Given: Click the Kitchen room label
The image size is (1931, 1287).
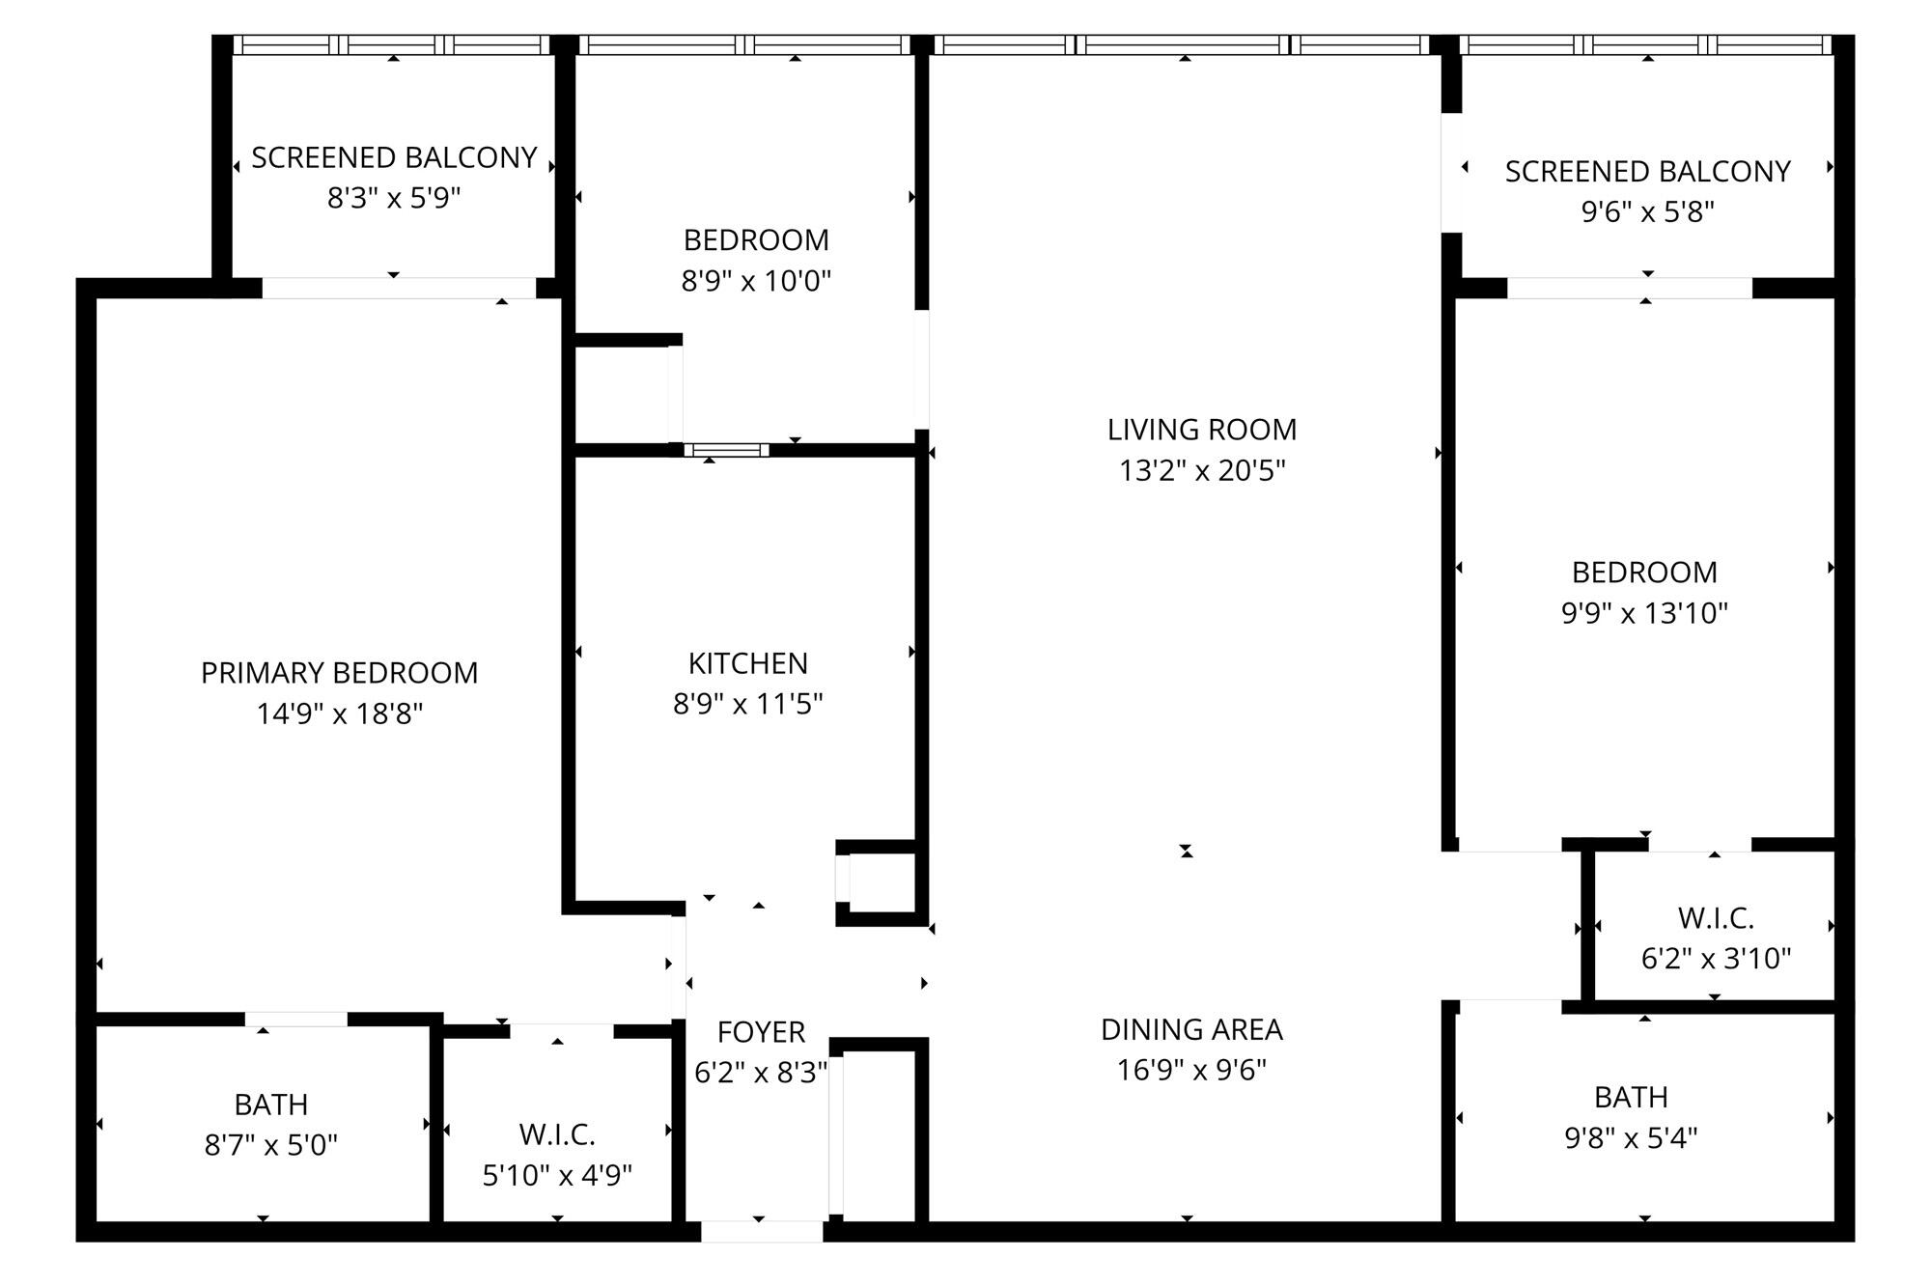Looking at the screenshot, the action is coord(747,663).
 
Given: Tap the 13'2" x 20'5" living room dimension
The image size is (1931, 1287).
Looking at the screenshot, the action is coord(1202,471).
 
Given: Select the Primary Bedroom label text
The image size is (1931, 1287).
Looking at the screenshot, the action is coord(339,673).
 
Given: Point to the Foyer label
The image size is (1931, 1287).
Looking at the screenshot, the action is coord(761,1032).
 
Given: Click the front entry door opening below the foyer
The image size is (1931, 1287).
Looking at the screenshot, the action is coord(761,1231).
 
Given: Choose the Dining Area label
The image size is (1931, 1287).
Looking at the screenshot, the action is coord(1191,1029).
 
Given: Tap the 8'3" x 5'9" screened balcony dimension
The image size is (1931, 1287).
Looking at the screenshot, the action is coord(394,198).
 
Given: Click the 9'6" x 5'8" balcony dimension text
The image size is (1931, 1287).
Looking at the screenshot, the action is coord(1647,211).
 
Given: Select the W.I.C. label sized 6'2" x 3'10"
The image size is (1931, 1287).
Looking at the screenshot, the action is coord(1715,917).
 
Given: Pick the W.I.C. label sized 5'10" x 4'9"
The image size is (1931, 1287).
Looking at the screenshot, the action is coord(556,1133).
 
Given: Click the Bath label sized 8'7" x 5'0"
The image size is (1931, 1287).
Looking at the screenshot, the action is coord(270,1104).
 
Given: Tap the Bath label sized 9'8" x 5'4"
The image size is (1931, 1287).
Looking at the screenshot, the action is coord(1630,1097).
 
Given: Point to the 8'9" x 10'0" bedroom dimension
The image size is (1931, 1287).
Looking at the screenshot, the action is coord(756,281).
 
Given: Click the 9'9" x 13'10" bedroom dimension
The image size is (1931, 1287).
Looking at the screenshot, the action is coord(1644,613).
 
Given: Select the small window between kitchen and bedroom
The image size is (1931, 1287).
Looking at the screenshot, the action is coord(726,450).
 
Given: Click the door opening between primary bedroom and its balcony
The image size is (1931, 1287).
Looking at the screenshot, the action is coord(398,288).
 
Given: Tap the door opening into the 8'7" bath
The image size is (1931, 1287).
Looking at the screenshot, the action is coord(295,1020).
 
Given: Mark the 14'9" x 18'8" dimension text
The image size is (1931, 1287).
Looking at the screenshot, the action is coord(339,713).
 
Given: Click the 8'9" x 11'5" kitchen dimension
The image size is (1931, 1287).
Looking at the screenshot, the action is coord(747,704).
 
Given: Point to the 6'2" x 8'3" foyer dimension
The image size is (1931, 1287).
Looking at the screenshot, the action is coord(761,1073).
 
